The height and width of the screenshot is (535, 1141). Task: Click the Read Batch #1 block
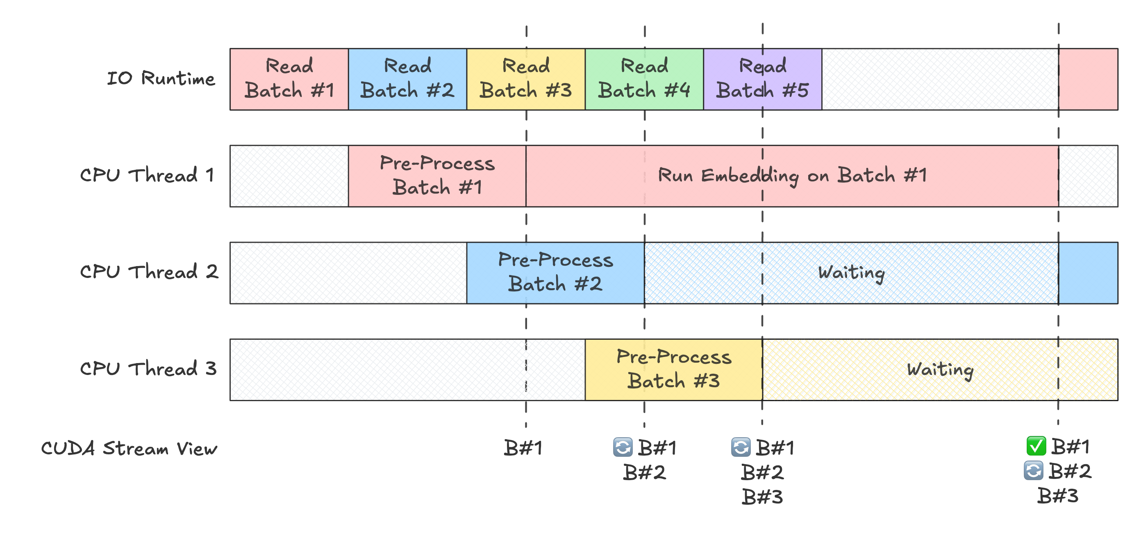coord(289,79)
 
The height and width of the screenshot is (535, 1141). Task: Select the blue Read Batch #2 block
coord(407,79)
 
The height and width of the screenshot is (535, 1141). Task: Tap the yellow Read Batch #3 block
coord(526,79)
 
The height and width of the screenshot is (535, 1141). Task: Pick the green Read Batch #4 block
coord(644,79)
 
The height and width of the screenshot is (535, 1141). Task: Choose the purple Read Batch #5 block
coord(762,79)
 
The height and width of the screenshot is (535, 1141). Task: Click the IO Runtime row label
coord(161,78)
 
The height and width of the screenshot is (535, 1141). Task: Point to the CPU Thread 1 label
coord(147,175)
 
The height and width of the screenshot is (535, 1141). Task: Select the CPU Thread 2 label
coord(149,272)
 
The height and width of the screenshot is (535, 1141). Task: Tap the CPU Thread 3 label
coord(148,369)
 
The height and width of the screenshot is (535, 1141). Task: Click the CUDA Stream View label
coord(130,448)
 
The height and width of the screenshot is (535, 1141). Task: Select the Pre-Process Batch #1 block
coord(437,176)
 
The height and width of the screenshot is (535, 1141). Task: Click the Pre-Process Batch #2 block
coord(555,272)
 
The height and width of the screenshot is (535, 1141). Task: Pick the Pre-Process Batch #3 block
coord(673,369)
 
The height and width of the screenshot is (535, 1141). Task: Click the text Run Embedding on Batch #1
coord(792,176)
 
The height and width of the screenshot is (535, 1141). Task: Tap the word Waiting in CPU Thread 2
coord(851,273)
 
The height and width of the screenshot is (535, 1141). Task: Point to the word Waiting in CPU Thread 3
coord(939,370)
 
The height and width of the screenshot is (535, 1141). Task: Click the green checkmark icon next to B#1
coord(1036,446)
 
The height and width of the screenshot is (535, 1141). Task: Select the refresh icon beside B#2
coord(1033,470)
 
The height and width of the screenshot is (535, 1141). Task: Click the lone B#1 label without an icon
coord(523,448)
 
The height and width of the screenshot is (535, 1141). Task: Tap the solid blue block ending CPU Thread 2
coord(1088,272)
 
